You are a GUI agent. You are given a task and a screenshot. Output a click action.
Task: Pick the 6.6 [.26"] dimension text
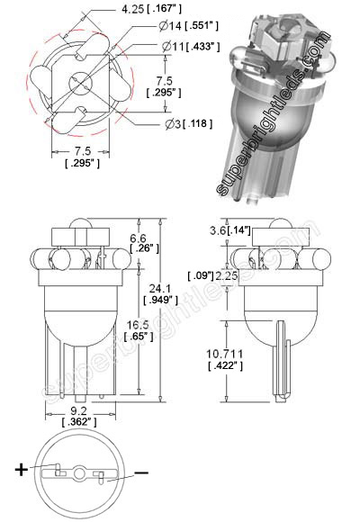139,241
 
